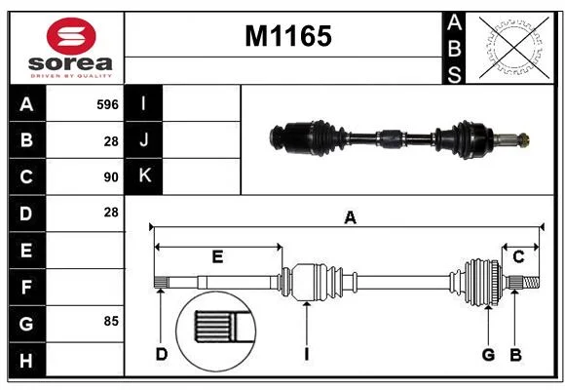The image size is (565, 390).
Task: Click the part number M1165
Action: pos(288,36)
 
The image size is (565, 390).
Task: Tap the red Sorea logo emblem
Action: pos(71,36)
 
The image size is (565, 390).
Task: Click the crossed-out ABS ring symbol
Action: pos(514,48)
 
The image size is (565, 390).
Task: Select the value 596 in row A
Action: pos(107,104)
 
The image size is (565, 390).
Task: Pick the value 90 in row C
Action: pos(111,177)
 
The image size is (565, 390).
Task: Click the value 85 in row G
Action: pos(111,321)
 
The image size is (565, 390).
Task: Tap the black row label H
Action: pos(26,361)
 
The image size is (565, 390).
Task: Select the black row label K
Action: pos(144,176)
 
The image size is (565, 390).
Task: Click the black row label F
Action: pos(26,288)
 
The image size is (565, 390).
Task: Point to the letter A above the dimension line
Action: pos(351,217)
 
